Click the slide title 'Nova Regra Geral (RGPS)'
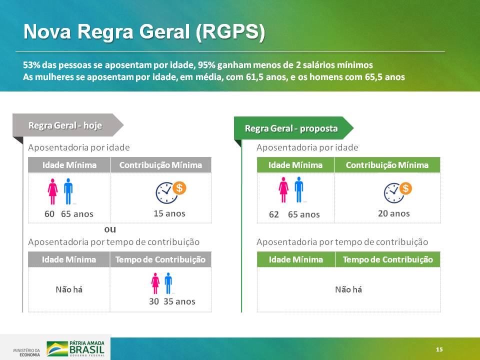(144, 31)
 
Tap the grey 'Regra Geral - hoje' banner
(68, 125)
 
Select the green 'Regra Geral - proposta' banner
(293, 128)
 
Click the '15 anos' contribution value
(169, 213)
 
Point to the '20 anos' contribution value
(393, 213)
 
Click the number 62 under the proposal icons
(273, 214)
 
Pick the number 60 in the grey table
(49, 213)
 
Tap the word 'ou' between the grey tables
(110, 229)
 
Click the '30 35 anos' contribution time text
(172, 301)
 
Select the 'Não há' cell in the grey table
(69, 289)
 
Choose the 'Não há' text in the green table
(348, 289)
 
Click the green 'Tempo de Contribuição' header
(387, 259)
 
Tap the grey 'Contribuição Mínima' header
(160, 165)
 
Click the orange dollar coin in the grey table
(179, 188)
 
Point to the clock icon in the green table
(394, 193)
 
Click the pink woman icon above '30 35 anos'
(155, 283)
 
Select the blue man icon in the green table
(299, 189)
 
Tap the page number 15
(439, 349)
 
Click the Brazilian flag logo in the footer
(57, 349)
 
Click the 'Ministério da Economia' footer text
(26, 352)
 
